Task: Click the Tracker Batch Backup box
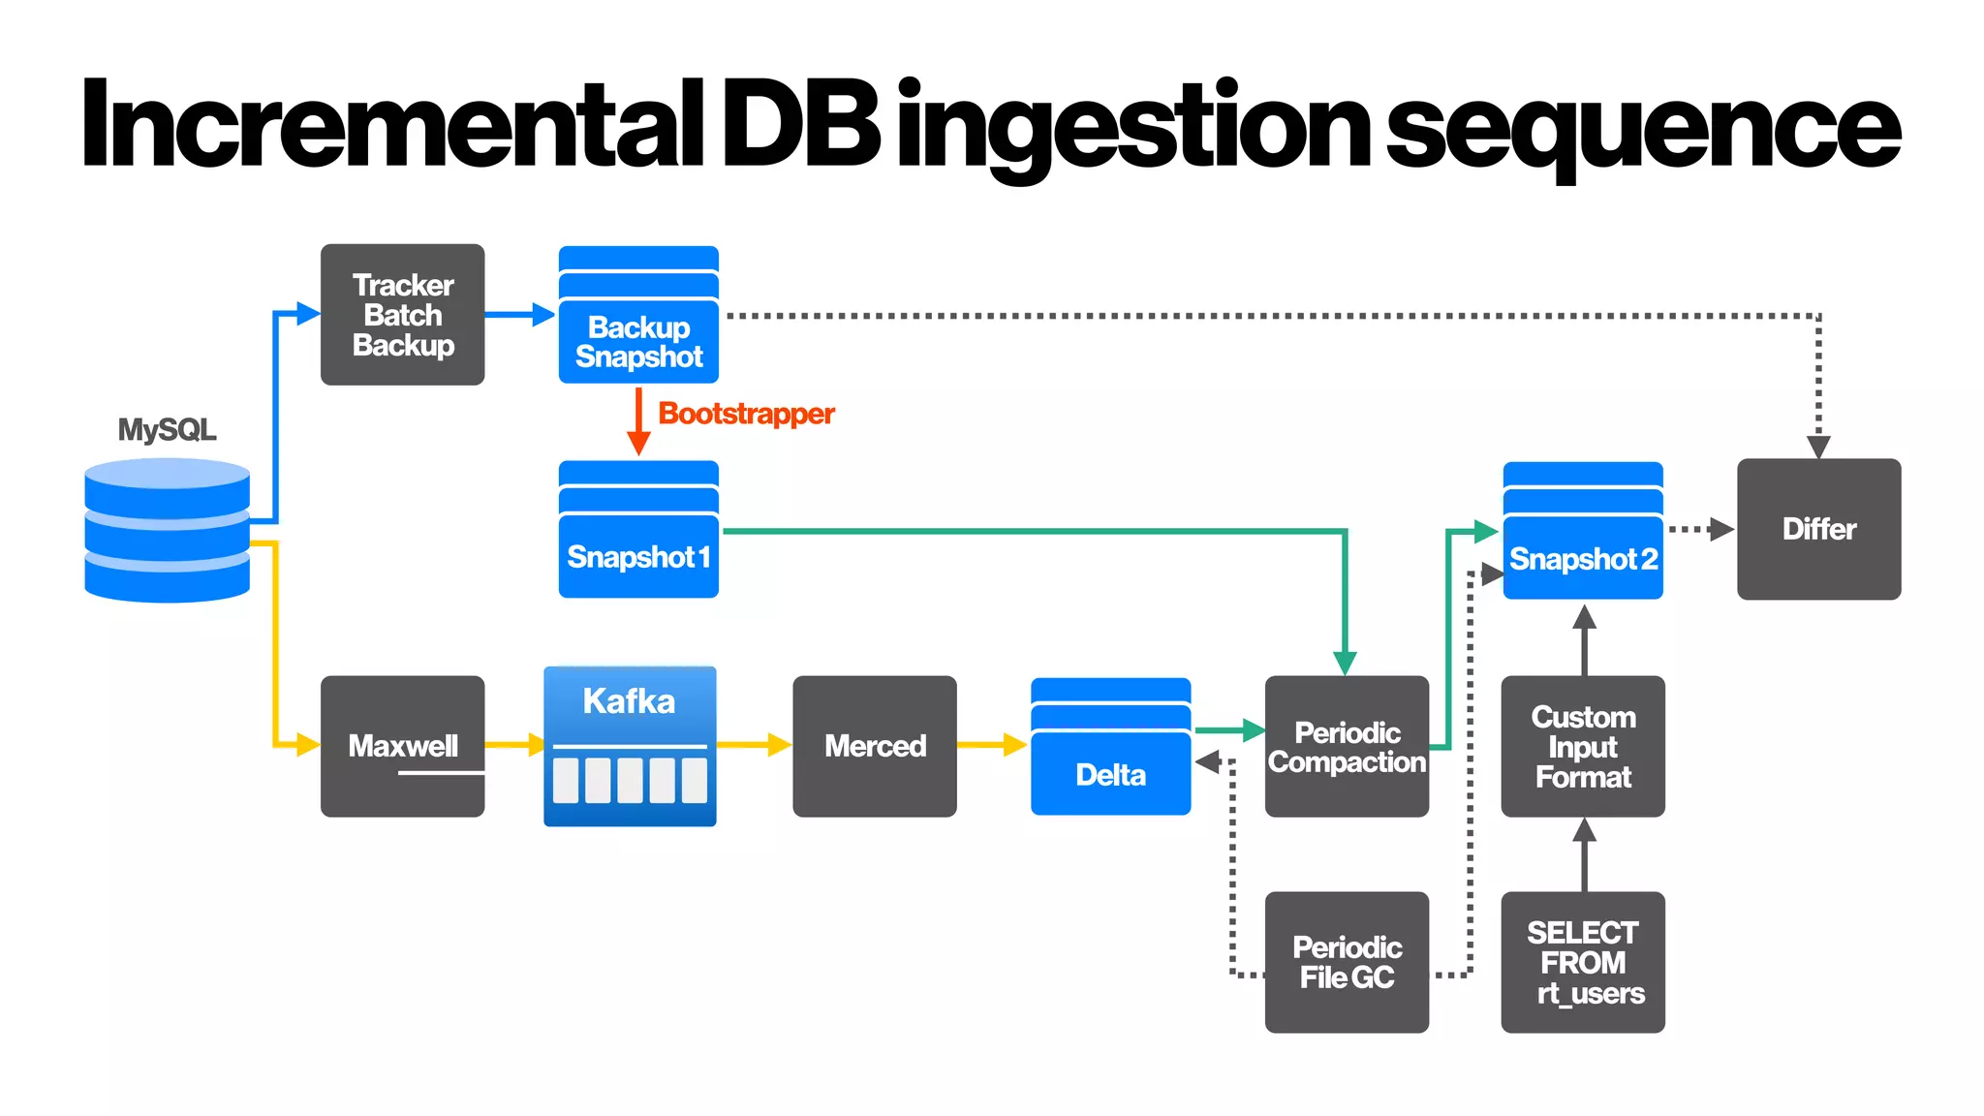click(x=402, y=315)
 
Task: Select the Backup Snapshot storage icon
click(x=638, y=315)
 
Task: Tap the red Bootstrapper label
click(x=746, y=414)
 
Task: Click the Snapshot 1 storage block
click(x=638, y=530)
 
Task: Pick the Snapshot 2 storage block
click(x=1583, y=531)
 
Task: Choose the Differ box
click(x=1818, y=529)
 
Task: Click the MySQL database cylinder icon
click(x=167, y=530)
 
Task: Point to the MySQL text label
click(x=167, y=429)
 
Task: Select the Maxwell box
click(x=402, y=746)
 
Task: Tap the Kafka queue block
click(x=630, y=746)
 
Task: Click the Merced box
click(x=874, y=746)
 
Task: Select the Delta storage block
click(x=1110, y=747)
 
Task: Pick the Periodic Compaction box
click(x=1347, y=747)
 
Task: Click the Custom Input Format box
click(x=1583, y=747)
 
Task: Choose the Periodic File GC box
click(x=1347, y=962)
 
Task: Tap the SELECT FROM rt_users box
click(x=1583, y=962)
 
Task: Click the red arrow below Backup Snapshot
click(x=638, y=422)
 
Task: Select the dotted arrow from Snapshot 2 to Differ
click(x=1700, y=529)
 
